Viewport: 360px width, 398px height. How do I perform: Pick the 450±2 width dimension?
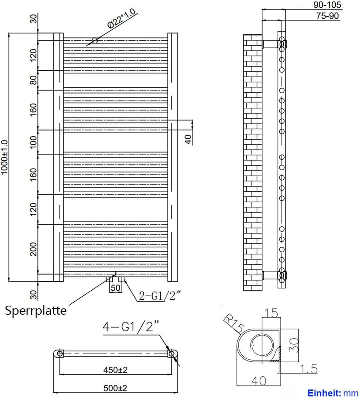(x=116, y=371)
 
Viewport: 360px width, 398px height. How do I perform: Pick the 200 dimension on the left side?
(x=34, y=249)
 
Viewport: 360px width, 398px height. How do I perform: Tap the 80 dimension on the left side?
(x=34, y=80)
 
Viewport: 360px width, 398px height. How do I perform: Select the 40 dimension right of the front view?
(x=188, y=139)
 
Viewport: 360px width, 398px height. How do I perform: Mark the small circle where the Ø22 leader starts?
(x=94, y=40)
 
